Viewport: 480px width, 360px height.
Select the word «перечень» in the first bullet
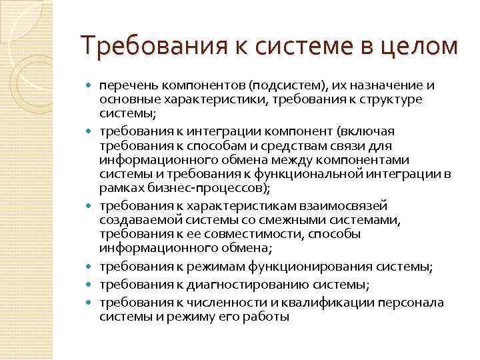[123, 85]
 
